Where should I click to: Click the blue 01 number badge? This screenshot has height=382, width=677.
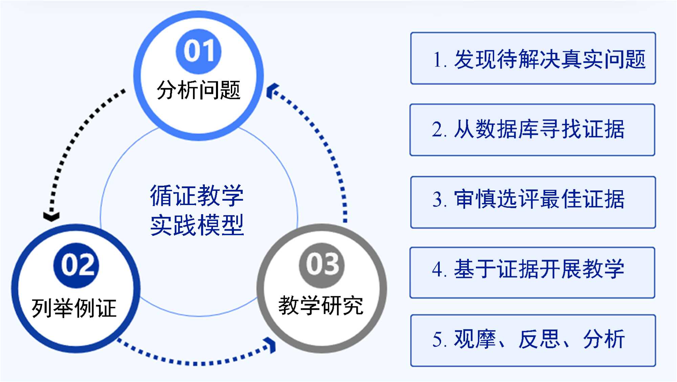coord(199,51)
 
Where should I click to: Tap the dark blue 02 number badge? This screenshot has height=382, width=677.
coord(77,265)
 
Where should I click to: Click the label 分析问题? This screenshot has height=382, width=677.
coord(198,91)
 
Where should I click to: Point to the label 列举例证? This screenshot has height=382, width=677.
coord(74,308)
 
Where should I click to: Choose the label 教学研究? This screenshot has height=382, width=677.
coord(321,305)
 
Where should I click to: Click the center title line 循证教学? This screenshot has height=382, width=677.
coord(197,196)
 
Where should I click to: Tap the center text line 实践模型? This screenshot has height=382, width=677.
coord(197,225)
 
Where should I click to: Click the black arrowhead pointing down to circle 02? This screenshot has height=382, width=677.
coord(51,216)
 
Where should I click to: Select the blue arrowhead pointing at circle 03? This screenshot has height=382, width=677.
coord(271,345)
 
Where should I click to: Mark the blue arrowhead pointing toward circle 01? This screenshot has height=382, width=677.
coord(272,91)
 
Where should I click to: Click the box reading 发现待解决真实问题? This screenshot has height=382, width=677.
coord(533,58)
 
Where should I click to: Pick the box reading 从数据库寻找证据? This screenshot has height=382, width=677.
coord(532,130)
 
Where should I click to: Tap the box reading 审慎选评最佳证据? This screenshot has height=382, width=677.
coord(533,202)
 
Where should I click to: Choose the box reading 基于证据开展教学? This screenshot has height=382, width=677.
coord(532,273)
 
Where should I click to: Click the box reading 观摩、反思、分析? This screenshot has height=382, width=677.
coord(533,340)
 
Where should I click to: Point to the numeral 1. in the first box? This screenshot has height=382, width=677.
coord(439,60)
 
